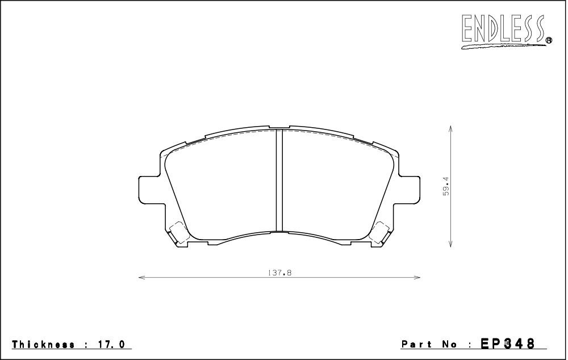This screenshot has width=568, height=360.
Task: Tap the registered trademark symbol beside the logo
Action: (549, 40)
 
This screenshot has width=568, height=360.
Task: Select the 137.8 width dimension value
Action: (279, 273)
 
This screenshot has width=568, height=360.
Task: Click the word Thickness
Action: (44, 344)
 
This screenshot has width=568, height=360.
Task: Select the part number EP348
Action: (507, 343)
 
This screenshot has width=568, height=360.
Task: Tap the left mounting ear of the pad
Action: (149, 190)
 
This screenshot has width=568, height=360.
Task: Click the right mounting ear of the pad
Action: (410, 190)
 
